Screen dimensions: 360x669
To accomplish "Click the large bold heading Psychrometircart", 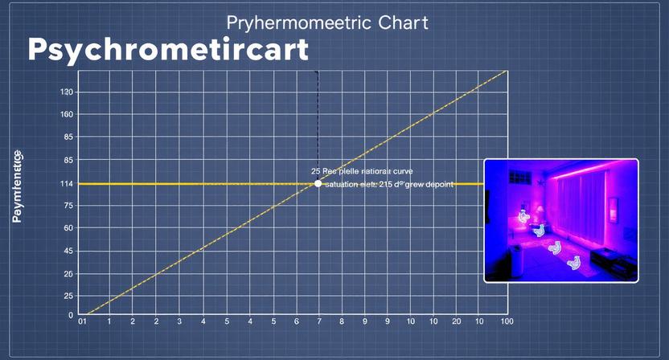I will (168, 51).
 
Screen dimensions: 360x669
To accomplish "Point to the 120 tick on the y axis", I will (67, 92).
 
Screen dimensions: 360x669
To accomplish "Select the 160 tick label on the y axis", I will (67, 115).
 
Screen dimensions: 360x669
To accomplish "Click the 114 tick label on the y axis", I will (67, 184).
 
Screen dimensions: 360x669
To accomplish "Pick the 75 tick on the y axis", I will (68, 207).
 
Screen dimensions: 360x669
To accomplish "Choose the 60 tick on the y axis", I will (68, 228).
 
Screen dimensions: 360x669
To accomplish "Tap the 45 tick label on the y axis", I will (68, 251).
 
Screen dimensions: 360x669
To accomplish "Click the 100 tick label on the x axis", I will (507, 321).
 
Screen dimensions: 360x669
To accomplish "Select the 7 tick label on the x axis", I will (318, 321).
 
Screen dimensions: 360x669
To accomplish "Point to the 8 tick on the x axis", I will (342, 321).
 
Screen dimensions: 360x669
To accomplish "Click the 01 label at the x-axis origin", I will (81, 321).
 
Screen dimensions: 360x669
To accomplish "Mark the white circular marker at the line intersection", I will (318, 184).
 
